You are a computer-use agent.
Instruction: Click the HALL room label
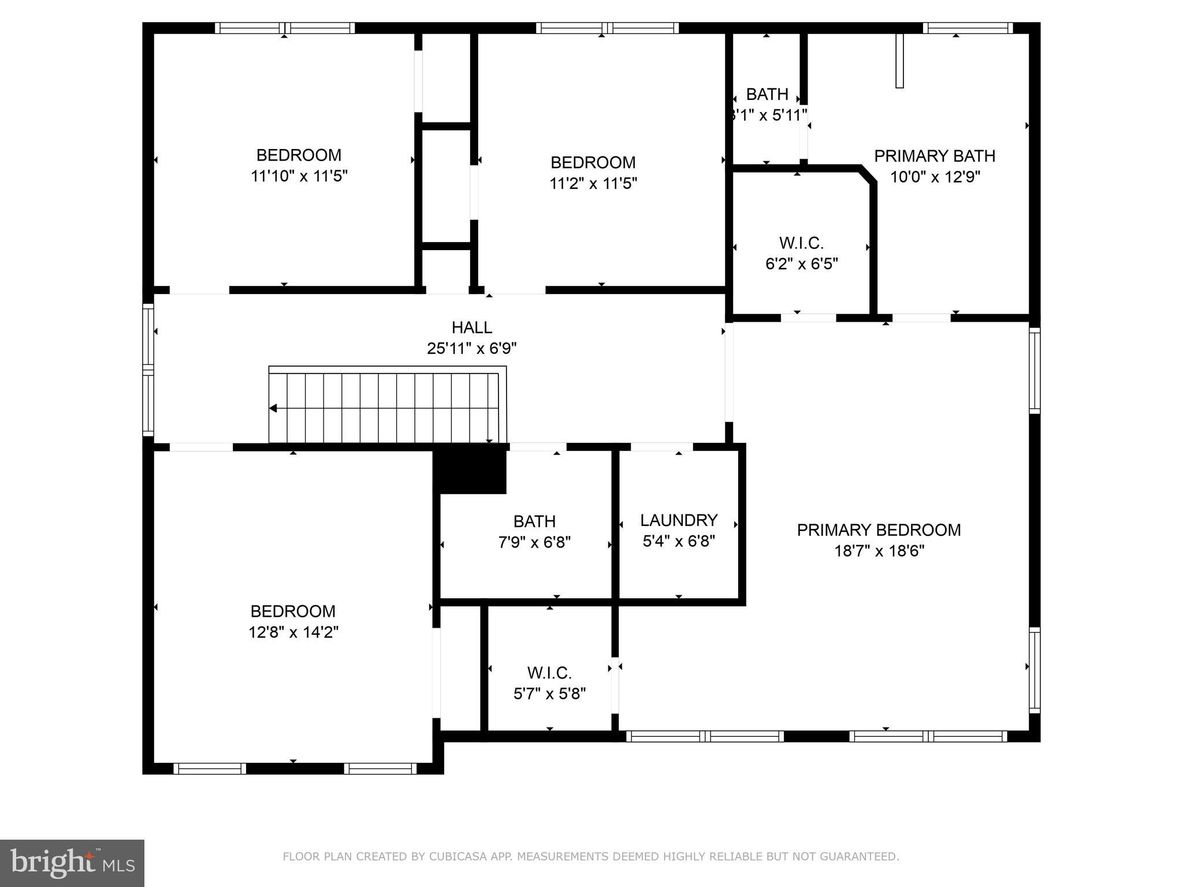click(472, 327)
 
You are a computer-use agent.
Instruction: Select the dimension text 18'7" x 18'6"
click(879, 551)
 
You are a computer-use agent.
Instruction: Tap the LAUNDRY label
click(679, 520)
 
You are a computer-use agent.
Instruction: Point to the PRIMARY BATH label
click(934, 156)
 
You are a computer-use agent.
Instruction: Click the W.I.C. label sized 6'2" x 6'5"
click(801, 243)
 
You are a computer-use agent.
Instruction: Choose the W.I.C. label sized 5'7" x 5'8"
click(549, 673)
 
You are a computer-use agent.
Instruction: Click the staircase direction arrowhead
click(273, 408)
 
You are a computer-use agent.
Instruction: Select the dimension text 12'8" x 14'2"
click(293, 632)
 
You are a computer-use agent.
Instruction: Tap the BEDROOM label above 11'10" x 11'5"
click(299, 155)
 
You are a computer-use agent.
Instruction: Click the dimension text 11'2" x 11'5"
click(593, 184)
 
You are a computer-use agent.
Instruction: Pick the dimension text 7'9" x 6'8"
click(534, 542)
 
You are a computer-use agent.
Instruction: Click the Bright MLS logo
click(72, 863)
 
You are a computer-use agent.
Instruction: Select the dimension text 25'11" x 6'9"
click(472, 348)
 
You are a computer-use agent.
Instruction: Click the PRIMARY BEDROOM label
click(879, 530)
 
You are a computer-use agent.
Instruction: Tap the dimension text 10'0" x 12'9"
click(935, 177)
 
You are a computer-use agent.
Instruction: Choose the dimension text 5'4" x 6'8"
click(679, 541)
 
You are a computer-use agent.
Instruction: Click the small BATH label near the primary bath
click(767, 94)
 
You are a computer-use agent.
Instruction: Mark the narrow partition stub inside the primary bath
click(899, 61)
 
